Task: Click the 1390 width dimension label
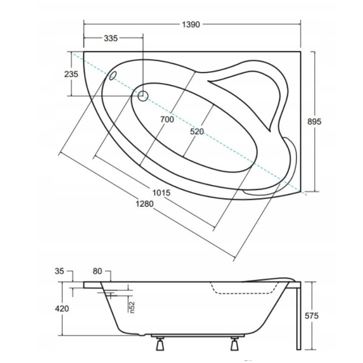click(x=190, y=25)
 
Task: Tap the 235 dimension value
click(x=71, y=74)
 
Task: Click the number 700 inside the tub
click(x=166, y=119)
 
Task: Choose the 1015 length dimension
click(x=160, y=193)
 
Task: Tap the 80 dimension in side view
click(x=97, y=272)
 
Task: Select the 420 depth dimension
click(x=62, y=308)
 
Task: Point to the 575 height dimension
click(x=311, y=316)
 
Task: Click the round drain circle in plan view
click(x=143, y=96)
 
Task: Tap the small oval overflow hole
click(x=112, y=76)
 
